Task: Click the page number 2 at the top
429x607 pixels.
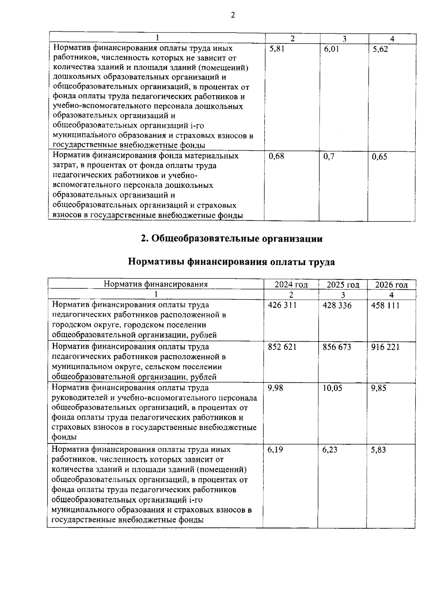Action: (x=233, y=15)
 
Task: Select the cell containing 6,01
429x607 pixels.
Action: (x=331, y=49)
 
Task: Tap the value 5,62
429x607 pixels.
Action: (x=380, y=49)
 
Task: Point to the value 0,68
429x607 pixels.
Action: (x=276, y=156)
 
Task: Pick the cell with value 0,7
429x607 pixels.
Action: (x=329, y=156)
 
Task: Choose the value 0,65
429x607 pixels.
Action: (x=379, y=157)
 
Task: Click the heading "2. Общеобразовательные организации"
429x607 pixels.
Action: (x=232, y=239)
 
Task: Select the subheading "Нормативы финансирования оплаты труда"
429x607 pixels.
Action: (x=231, y=262)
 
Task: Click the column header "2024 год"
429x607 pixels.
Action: (x=291, y=285)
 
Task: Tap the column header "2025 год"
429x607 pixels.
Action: (x=343, y=285)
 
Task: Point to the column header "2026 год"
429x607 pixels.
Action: (x=391, y=285)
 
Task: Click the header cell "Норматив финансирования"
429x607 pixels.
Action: (x=156, y=284)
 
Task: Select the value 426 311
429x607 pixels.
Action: (x=282, y=305)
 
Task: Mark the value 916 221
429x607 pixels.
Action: (x=385, y=347)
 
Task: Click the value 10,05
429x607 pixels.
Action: (x=332, y=388)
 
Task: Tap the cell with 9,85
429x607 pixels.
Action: (x=379, y=388)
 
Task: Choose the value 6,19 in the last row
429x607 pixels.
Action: (x=275, y=450)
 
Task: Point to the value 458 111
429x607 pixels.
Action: (x=385, y=305)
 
